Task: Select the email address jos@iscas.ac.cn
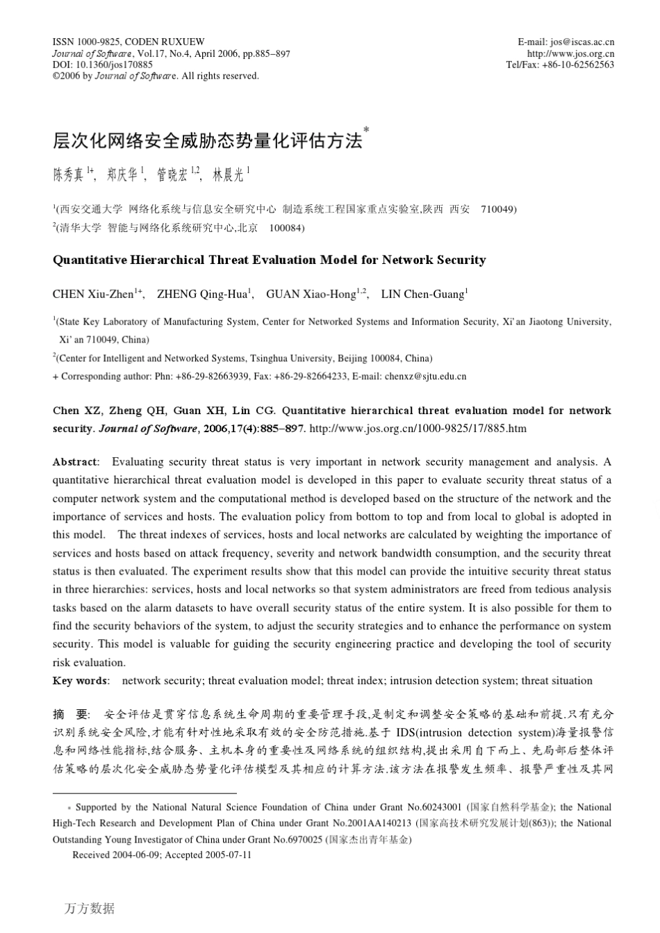pyautogui.click(x=581, y=42)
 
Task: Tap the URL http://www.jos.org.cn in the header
pyautogui.click(x=570, y=53)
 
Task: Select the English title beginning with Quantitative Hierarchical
pyautogui.click(x=269, y=261)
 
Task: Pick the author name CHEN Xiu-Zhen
pyautogui.click(x=92, y=295)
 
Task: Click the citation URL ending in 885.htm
pyautogui.click(x=418, y=429)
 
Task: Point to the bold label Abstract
pyautogui.click(x=75, y=462)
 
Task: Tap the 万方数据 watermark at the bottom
pyautogui.click(x=90, y=908)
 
